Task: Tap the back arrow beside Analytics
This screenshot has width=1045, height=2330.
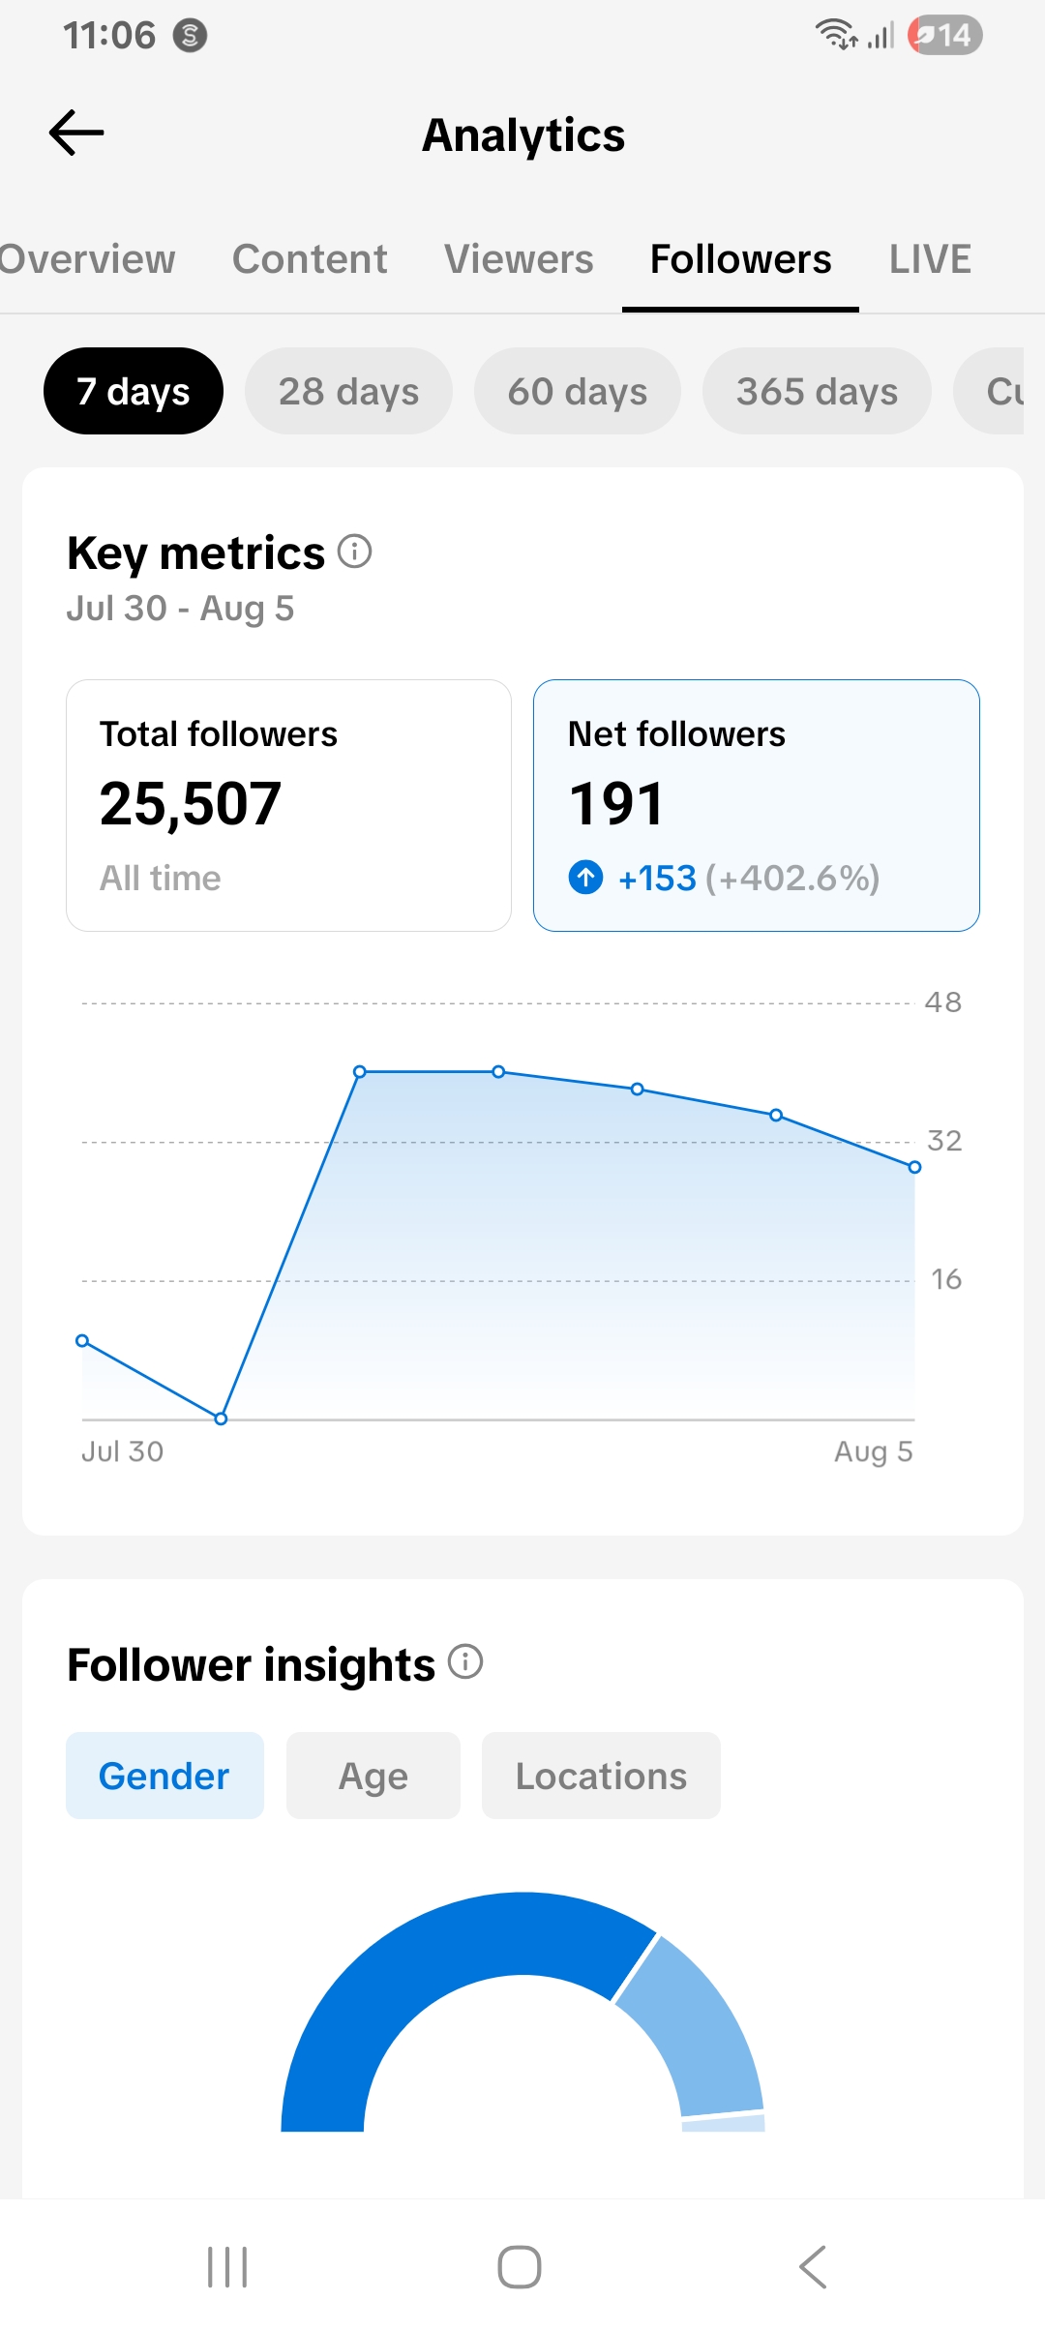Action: click(x=76, y=133)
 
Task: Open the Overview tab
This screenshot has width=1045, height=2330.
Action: click(x=87, y=259)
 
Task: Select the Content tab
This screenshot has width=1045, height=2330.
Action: click(x=310, y=259)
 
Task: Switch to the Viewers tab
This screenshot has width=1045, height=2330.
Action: click(x=519, y=259)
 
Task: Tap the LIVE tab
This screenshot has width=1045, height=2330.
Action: click(x=930, y=259)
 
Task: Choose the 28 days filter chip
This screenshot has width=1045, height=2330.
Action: click(x=348, y=391)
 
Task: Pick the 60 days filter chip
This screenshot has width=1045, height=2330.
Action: click(x=578, y=391)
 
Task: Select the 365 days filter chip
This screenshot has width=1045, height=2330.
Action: click(x=817, y=391)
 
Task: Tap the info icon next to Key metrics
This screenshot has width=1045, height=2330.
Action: click(x=355, y=551)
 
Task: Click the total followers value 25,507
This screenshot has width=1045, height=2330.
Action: click(x=191, y=804)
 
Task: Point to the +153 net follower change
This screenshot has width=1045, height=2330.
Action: click(x=657, y=878)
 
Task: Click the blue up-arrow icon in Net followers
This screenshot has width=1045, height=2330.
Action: click(x=585, y=878)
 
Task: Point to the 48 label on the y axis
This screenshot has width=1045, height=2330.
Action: click(x=943, y=1002)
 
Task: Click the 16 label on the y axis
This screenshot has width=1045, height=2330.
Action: click(x=946, y=1279)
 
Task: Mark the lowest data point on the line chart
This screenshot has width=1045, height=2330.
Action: click(x=221, y=1419)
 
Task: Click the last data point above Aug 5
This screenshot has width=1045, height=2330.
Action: click(x=914, y=1167)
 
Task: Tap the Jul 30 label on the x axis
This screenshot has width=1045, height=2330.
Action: click(x=123, y=1451)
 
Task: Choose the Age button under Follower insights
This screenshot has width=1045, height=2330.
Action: click(x=373, y=1776)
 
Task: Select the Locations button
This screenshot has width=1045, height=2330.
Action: click(x=601, y=1776)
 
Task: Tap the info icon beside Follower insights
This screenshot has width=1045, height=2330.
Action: click(x=465, y=1661)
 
